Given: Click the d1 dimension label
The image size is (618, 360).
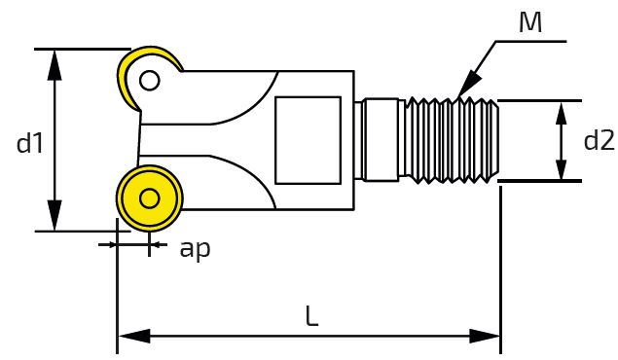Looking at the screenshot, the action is coord(29,143).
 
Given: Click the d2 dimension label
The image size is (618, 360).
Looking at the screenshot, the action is coord(600,140).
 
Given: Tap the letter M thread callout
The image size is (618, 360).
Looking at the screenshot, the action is coord(530,22).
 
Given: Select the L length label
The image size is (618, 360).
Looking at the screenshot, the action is coord(311,316).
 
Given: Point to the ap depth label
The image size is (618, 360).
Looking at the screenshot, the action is coord(195,249).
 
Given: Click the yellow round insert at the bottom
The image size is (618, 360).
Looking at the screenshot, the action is coord(150,198).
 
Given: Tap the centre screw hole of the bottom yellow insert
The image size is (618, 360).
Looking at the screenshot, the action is coord(149,198).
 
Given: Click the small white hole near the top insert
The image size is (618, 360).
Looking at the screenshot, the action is coord(149,81).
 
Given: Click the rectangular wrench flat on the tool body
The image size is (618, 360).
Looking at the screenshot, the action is coord(308,140).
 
